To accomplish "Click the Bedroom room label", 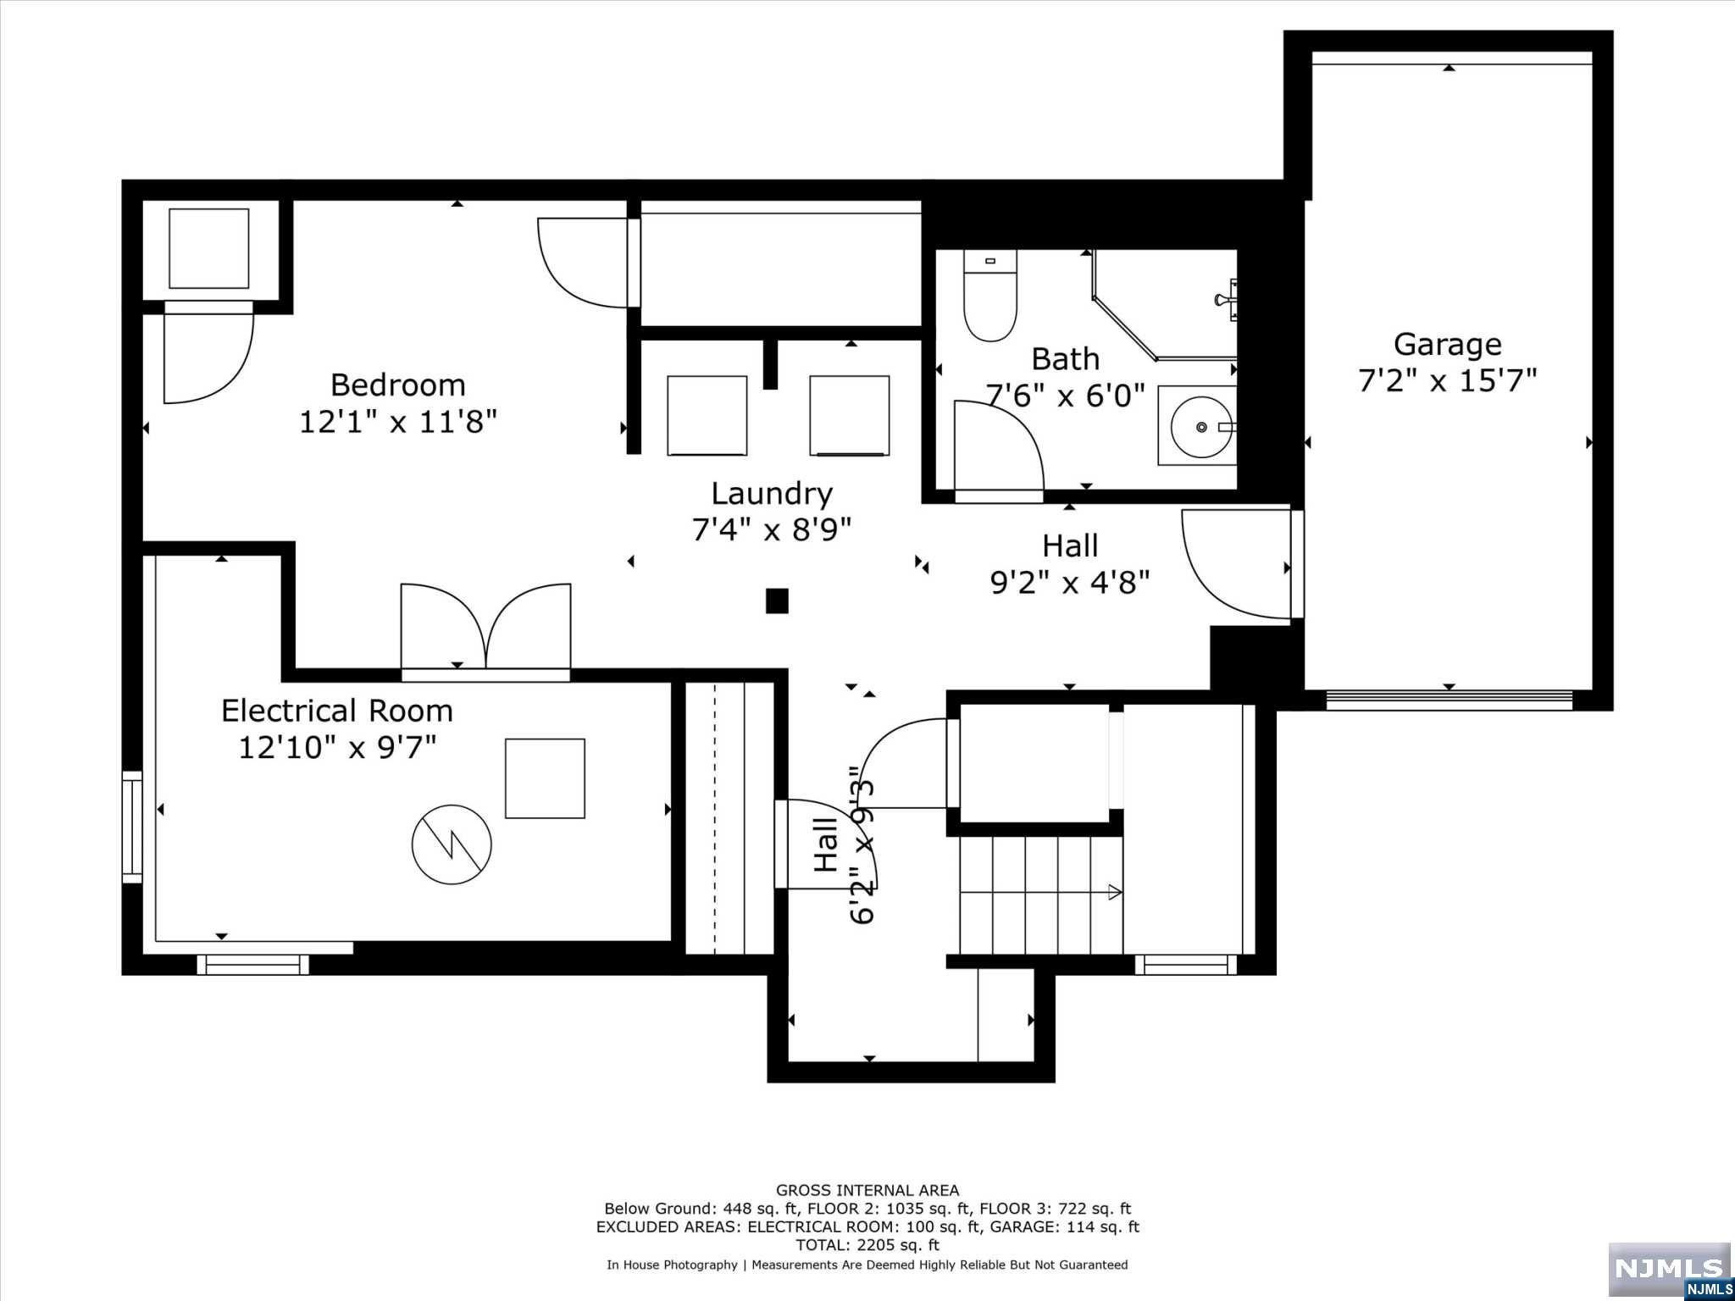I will coord(397,385).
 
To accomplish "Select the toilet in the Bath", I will coord(989,296).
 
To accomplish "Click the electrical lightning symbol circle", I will coord(452,844).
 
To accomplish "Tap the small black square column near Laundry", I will coord(777,601).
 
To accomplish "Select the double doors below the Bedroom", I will coord(485,628).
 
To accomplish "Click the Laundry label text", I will coord(771,494).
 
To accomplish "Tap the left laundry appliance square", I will coord(707,416).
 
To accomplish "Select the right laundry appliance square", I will coord(849,416).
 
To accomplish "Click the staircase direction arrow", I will coord(1115,892).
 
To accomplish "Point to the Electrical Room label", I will coord(336,711).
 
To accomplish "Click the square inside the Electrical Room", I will coord(545,778).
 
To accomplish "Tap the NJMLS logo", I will coord(1669,1268).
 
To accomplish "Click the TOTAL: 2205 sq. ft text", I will coord(867,1245).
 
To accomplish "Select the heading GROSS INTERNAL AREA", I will coord(867,1191).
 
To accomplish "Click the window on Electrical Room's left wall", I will coord(132,827).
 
